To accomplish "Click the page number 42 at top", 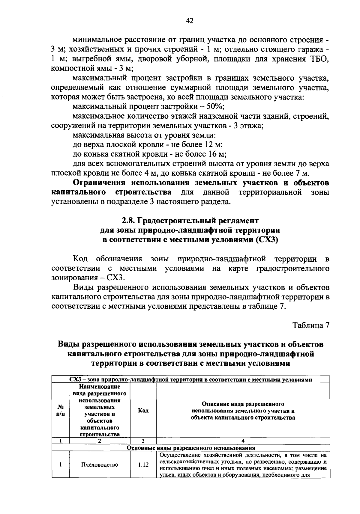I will click(x=189, y=20).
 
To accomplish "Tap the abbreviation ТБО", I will click(x=319, y=59).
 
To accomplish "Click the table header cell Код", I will click(x=143, y=410).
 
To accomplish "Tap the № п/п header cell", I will click(x=60, y=410).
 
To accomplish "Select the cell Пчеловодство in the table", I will click(x=100, y=465).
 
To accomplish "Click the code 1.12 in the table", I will click(x=143, y=465).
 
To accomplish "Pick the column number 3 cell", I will click(x=143, y=441).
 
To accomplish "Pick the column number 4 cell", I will click(x=243, y=441).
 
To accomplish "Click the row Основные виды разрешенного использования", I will click(x=191, y=448).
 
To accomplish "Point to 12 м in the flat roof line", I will click(x=213, y=145).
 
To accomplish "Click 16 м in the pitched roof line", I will click(x=216, y=154).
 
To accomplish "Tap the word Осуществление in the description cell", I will click(x=177, y=455).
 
